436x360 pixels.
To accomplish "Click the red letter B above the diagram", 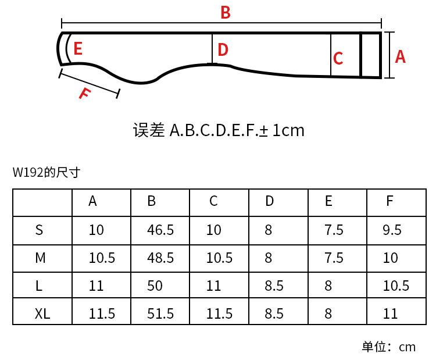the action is coord(226,12).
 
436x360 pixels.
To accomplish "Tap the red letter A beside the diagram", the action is coord(400,56).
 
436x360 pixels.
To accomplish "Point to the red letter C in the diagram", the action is coord(338,59).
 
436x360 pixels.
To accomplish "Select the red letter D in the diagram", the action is coord(223,50).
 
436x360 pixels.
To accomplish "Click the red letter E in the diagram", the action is coord(78,49).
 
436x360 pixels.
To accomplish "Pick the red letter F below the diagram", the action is coord(85,92).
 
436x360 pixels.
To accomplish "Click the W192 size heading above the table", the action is coord(46,172).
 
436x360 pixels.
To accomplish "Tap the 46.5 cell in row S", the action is coord(160,230).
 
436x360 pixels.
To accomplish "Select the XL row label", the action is coord(42,313).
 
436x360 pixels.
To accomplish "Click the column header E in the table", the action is coord(328,201).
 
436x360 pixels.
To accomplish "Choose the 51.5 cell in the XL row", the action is coord(160,313).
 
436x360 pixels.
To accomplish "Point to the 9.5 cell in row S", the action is coord(392,230).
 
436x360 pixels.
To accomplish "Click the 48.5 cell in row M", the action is coord(160,258).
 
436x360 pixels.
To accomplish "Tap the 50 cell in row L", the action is coord(155,286).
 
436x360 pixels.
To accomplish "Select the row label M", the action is coord(40,258).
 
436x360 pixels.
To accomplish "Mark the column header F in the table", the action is coord(389,201).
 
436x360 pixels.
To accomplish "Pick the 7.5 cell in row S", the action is coord(334,230).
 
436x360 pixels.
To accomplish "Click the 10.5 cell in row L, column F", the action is coord(396,286).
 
